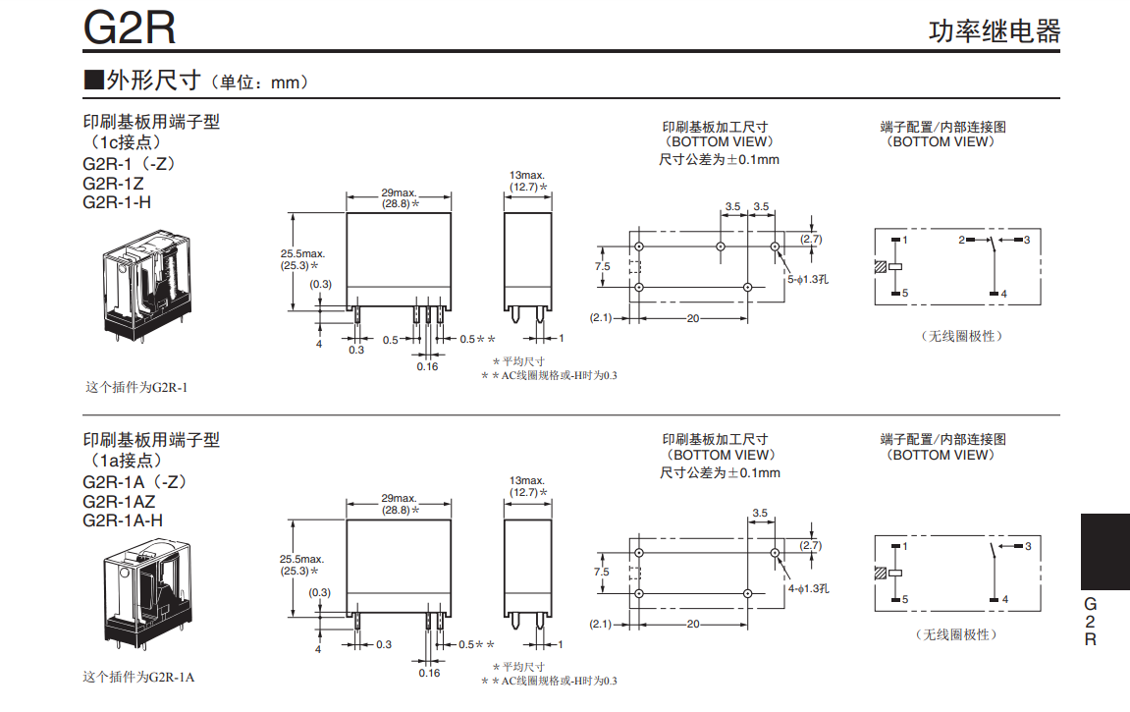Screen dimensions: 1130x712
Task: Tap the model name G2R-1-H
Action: [x=117, y=202]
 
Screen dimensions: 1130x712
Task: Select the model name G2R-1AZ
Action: [x=119, y=501]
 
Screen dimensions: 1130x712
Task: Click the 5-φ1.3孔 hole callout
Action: [x=808, y=279]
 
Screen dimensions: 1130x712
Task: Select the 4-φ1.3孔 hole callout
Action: [x=808, y=588]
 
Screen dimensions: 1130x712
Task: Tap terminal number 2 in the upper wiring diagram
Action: [x=962, y=240]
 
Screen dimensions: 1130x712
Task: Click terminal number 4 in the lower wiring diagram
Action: [x=1004, y=599]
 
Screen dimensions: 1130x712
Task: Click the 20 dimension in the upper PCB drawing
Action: [x=693, y=318]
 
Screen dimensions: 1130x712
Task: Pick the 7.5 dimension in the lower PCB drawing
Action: [x=602, y=572]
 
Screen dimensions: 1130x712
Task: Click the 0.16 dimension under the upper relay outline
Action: [x=427, y=366]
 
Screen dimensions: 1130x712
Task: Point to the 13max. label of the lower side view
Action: [x=527, y=479]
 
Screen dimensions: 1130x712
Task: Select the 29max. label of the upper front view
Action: [x=399, y=192]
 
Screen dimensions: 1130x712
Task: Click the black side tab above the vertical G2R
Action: [x=1104, y=552]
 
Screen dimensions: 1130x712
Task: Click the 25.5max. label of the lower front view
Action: [x=302, y=559]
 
